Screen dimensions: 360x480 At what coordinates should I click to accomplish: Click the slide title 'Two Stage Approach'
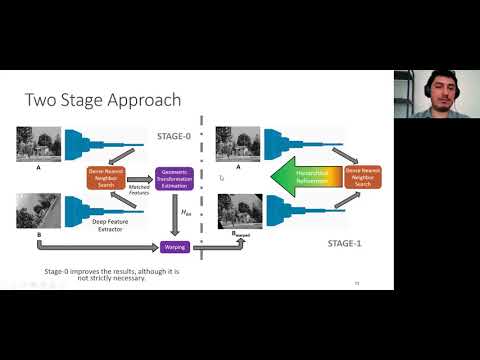(x=101, y=100)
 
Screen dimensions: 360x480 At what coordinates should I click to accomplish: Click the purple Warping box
(x=176, y=246)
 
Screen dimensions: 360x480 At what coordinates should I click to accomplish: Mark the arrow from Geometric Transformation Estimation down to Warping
(x=176, y=214)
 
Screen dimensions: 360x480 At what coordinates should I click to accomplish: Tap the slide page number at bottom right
(x=357, y=283)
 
